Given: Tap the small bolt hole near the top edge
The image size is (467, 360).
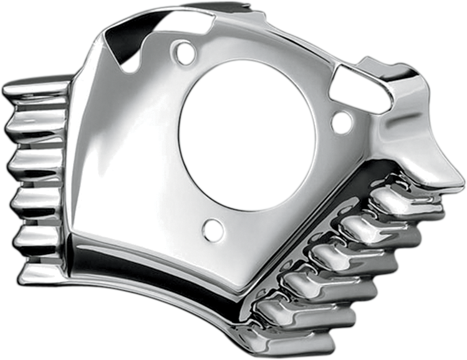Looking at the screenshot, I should (x=183, y=49).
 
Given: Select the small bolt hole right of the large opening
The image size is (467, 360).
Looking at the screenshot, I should (x=340, y=122).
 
